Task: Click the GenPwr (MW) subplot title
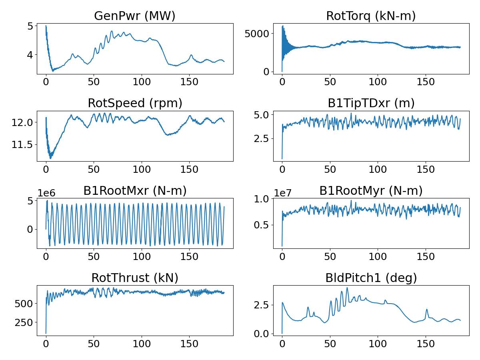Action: pyautogui.click(x=135, y=16)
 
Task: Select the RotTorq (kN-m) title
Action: pyautogui.click(x=371, y=16)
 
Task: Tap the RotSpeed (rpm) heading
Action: pyautogui.click(x=135, y=103)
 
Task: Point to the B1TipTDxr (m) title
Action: pyautogui.click(x=371, y=103)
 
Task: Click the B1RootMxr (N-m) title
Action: pyautogui.click(x=135, y=191)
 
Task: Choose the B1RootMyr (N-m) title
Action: pyautogui.click(x=371, y=191)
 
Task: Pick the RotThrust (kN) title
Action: pyautogui.click(x=135, y=278)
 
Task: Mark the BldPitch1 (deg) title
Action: pyautogui.click(x=371, y=278)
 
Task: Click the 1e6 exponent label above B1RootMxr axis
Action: pyautogui.click(x=46, y=193)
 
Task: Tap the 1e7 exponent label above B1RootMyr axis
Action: pyautogui.click(x=282, y=193)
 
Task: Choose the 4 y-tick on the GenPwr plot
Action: pyautogui.click(x=30, y=54)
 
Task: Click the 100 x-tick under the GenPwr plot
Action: pyautogui.click(x=141, y=82)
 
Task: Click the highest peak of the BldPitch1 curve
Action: pyautogui.click(x=347, y=288)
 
